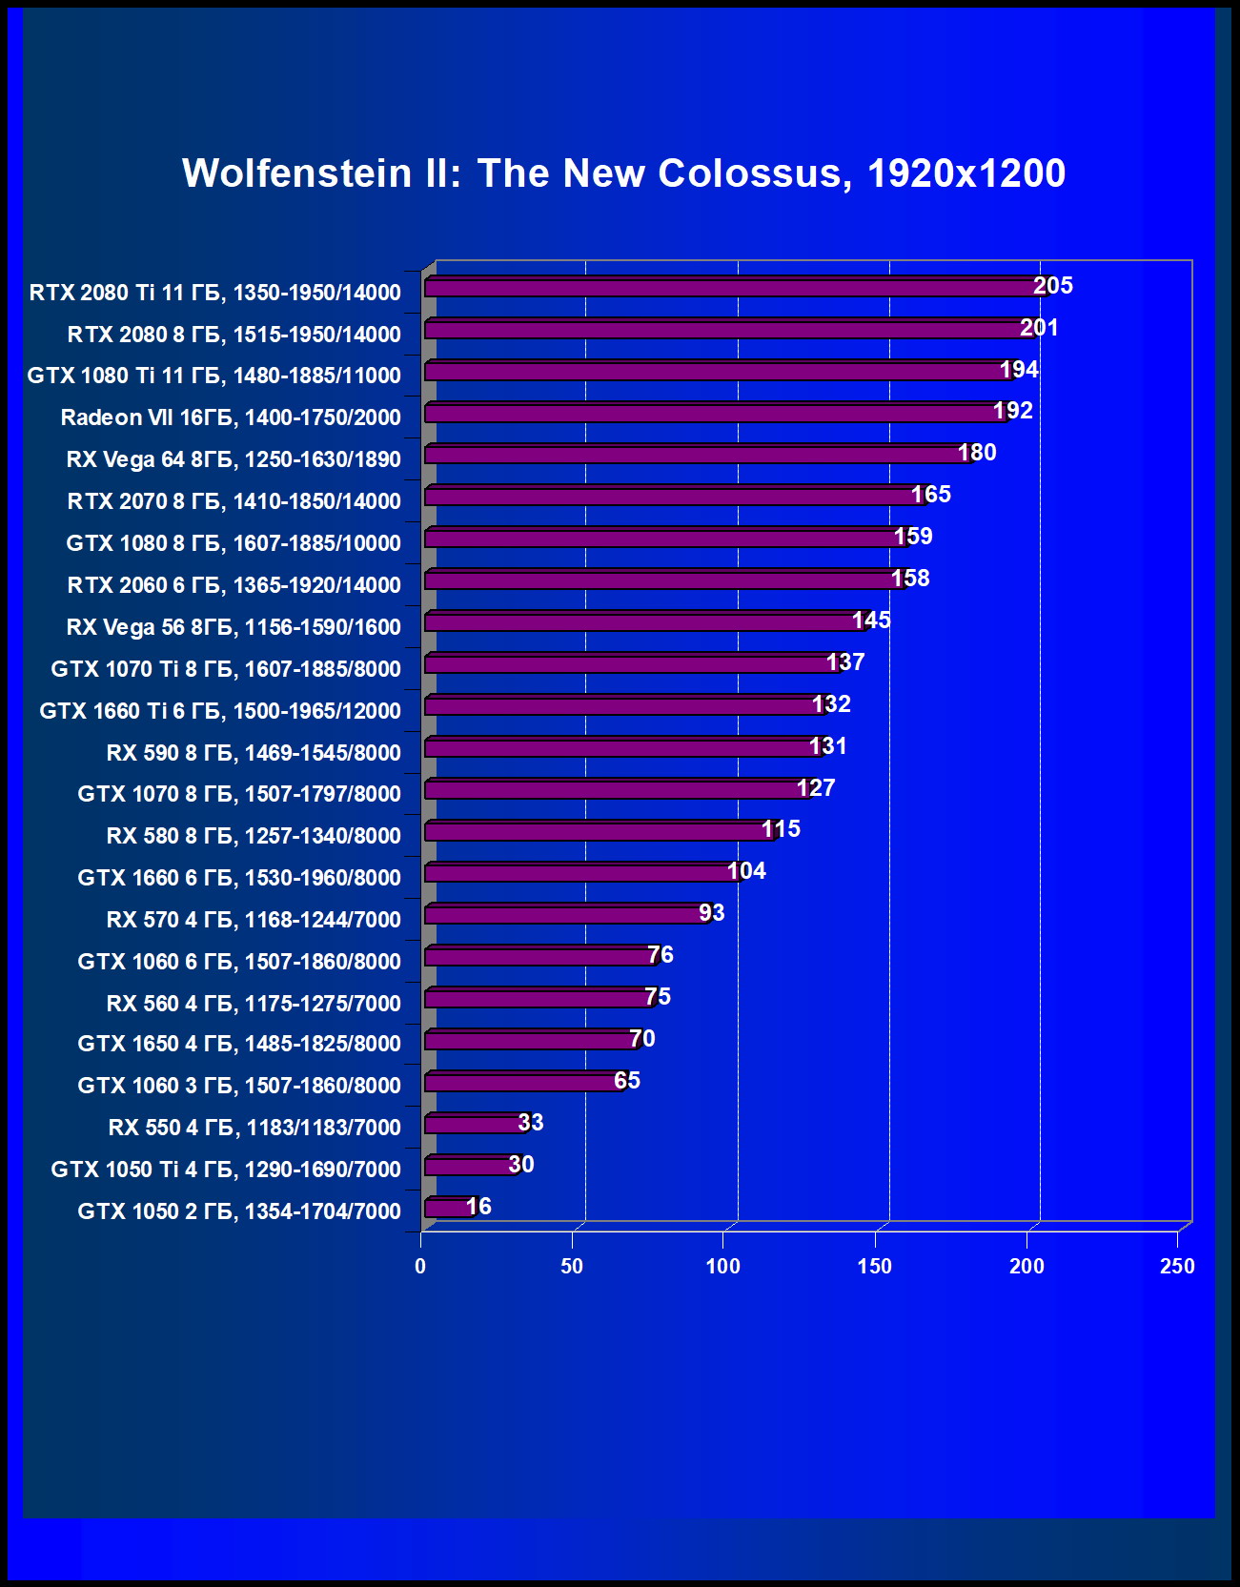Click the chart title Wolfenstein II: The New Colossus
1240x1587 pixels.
[623, 173]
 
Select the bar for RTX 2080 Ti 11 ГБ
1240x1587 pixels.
[734, 287]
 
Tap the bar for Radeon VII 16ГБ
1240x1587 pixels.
[715, 413]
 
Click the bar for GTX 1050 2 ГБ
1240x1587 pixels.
[448, 1208]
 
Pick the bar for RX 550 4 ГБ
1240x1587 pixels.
[474, 1124]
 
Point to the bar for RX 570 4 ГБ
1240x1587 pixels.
[566, 915]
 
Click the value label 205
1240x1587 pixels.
[1053, 286]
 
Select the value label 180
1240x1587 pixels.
[977, 453]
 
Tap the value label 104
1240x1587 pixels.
[746, 871]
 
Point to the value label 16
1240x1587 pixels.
[478, 1207]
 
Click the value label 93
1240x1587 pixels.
[712, 913]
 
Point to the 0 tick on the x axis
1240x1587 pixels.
[420, 1266]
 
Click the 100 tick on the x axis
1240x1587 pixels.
[723, 1266]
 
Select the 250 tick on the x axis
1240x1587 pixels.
[1177, 1266]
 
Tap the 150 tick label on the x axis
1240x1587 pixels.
[875, 1266]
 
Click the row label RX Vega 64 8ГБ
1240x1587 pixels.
[234, 459]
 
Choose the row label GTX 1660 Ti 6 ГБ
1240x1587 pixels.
[220, 711]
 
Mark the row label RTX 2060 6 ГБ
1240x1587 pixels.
[234, 585]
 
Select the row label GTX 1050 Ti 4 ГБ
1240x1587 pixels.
[226, 1170]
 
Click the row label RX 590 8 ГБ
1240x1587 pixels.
[254, 753]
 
